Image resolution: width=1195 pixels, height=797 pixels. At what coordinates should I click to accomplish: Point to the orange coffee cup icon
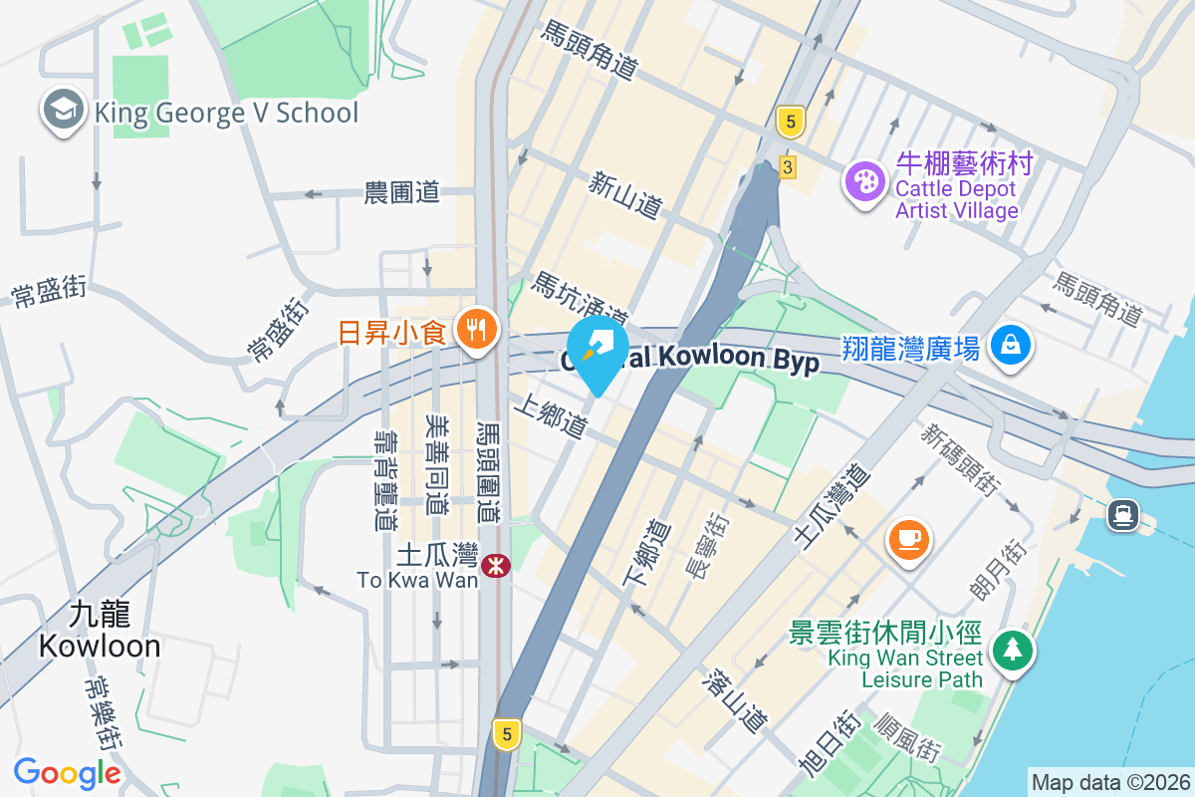(x=908, y=540)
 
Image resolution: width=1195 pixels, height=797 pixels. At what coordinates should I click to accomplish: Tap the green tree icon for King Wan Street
(x=1013, y=650)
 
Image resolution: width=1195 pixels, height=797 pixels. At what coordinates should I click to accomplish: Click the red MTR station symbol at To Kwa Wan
(x=495, y=566)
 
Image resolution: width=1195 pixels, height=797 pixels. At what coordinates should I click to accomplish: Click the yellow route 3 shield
(x=788, y=167)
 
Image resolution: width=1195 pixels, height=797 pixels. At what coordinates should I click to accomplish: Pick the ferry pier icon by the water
(x=1122, y=514)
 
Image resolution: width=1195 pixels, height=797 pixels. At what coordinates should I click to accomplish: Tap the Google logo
(x=68, y=772)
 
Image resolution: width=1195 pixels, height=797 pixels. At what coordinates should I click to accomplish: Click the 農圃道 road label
(x=402, y=192)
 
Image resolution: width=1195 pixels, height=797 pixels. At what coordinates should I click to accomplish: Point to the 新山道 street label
(x=625, y=195)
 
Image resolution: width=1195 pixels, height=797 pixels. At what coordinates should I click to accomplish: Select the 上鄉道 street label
(x=550, y=418)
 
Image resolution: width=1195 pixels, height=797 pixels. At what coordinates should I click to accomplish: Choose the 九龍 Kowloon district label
(x=100, y=630)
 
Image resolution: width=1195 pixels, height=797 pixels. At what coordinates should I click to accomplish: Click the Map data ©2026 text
(x=1109, y=782)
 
